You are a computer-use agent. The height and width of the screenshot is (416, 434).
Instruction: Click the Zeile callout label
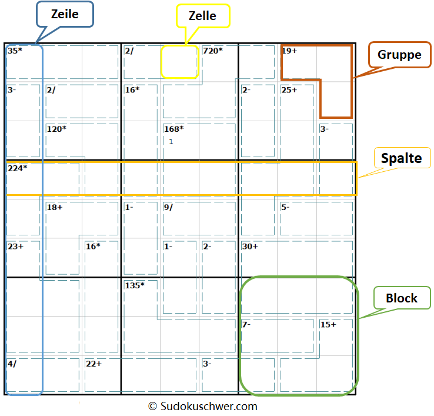pos(65,14)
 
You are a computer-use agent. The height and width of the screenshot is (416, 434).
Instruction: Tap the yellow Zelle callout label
pos(203,16)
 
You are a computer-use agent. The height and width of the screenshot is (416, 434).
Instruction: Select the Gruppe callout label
pos(399,55)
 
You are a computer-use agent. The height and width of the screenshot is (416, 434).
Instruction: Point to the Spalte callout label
pos(402,158)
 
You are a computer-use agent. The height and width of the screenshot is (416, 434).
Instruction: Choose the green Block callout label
pos(402,298)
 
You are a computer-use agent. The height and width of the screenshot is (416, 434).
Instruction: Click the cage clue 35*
pos(15,51)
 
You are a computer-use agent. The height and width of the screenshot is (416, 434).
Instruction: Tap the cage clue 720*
pos(213,51)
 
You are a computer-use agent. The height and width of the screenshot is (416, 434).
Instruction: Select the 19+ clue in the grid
pos(290,51)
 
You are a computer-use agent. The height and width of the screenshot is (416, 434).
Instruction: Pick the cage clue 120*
pos(56,129)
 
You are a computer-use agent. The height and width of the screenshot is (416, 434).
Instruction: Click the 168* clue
pos(173,129)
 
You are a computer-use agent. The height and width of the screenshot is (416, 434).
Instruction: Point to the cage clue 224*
pos(18,168)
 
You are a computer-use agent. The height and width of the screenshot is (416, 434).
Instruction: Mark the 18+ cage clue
pos(55,207)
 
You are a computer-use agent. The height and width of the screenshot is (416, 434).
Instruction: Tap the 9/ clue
pos(168,207)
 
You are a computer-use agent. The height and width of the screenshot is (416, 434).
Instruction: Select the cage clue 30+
pos(251,246)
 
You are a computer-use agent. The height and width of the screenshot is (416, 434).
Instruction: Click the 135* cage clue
pos(135,285)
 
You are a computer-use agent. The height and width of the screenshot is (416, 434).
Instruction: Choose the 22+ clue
pos(94,364)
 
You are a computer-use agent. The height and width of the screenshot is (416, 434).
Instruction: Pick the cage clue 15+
pos(328,324)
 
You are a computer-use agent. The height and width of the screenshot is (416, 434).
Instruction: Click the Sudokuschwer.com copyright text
pos(202,406)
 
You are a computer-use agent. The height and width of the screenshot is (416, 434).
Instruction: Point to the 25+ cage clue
pos(289,90)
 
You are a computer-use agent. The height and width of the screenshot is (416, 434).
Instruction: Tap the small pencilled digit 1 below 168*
pos(171,142)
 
